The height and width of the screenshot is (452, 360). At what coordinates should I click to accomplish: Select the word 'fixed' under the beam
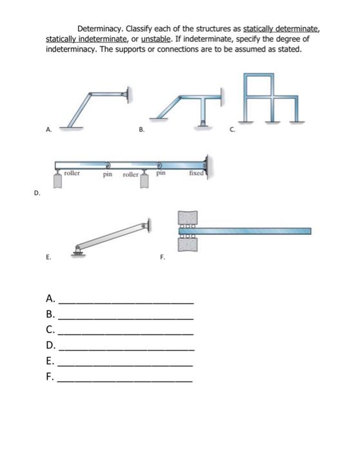point(196,173)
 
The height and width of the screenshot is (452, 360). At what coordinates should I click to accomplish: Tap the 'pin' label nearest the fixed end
point(161,173)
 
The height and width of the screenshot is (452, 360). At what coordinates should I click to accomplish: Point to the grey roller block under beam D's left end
point(59,180)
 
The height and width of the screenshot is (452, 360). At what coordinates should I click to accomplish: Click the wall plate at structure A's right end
point(132,95)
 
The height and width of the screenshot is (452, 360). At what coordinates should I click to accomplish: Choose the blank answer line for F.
point(126,381)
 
